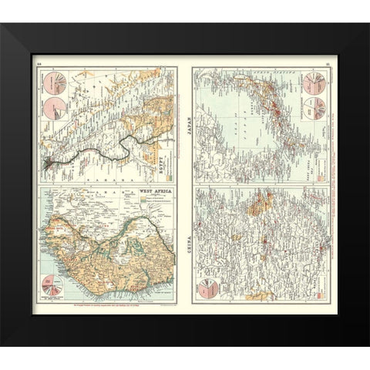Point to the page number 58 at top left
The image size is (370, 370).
tap(42, 64)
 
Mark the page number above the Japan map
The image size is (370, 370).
tap(327, 64)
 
